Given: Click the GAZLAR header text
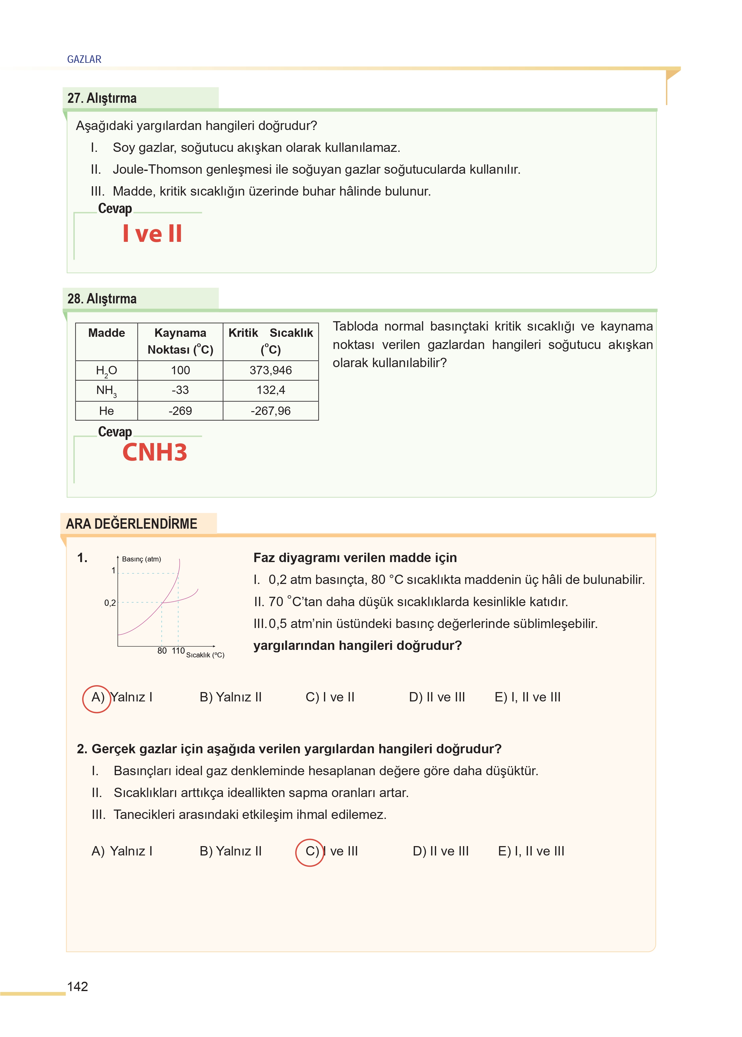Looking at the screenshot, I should tap(84, 59).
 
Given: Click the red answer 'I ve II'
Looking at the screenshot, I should tap(152, 234).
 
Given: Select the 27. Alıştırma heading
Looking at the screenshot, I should tap(102, 98).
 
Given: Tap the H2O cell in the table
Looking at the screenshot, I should tap(107, 371).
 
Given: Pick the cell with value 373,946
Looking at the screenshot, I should tap(271, 371).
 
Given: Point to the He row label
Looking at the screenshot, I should tap(107, 411).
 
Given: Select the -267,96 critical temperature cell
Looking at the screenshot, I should tap(271, 411).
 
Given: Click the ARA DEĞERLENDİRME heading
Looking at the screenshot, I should tap(132, 524).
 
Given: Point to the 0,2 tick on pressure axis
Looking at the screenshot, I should tap(110, 603).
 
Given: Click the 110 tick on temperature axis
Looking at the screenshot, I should tap(178, 651).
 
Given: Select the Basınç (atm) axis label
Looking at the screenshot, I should tap(141, 559).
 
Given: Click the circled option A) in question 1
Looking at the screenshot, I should tap(97, 698).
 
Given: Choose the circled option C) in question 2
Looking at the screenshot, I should tap(311, 851).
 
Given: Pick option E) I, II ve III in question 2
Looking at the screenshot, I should tap(531, 851).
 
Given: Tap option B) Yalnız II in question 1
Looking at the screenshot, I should tap(230, 698).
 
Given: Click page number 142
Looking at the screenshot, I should tap(78, 986).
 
